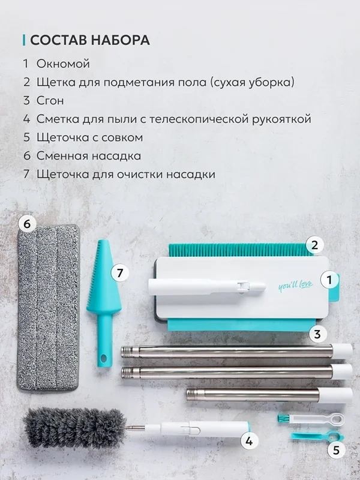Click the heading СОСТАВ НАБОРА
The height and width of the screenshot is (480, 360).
[89, 40]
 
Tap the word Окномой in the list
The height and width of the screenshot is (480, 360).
[63, 64]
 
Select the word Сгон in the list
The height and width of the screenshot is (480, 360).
[50, 100]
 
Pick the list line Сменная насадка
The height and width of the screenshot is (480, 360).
[89, 156]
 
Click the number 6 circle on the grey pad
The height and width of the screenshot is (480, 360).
[27, 224]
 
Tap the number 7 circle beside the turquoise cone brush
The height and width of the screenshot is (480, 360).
[119, 272]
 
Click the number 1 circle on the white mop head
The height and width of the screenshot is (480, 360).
[329, 280]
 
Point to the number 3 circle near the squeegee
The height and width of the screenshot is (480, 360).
[317, 334]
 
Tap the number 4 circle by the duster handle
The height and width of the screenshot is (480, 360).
[249, 441]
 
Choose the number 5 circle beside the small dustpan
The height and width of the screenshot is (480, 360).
[336, 451]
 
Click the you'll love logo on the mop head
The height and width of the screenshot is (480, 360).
[296, 286]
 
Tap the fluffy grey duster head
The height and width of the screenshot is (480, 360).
[74, 428]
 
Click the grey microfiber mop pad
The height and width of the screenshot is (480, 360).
[49, 308]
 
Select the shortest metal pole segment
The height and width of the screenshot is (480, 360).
[269, 395]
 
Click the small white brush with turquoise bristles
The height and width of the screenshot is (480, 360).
[311, 419]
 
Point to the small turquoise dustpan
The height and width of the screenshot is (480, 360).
[317, 437]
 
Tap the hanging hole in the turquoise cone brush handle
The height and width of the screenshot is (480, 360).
[103, 358]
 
